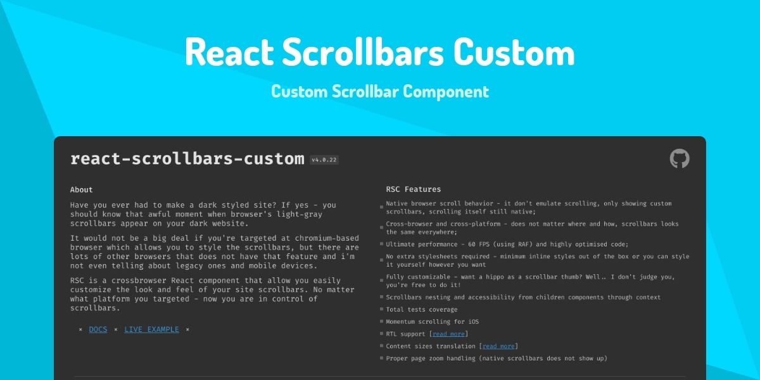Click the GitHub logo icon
point(680,158)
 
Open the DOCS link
point(98,329)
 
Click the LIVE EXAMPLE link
point(151,329)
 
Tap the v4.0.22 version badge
point(324,160)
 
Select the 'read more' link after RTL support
point(448,334)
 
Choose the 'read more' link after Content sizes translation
point(498,346)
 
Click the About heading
point(82,189)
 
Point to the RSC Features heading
point(413,189)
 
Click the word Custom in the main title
point(514,52)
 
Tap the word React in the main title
point(229,52)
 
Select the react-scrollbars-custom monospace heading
point(187,159)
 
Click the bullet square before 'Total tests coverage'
point(381,309)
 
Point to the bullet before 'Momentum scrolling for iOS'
point(381,321)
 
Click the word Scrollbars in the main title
point(363,52)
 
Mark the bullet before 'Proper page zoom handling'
point(381,358)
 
